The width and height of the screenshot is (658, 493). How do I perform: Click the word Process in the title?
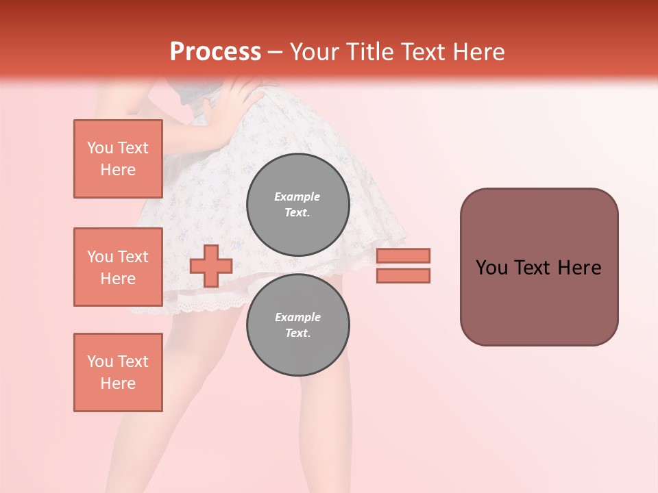coord(215,52)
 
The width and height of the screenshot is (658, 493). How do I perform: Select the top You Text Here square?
coord(118,159)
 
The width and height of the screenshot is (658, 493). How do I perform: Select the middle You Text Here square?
coord(118,267)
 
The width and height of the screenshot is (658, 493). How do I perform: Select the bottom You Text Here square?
coord(118,372)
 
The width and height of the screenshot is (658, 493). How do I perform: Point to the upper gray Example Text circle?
coord(297,205)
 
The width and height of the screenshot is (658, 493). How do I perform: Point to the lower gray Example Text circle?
coord(297,325)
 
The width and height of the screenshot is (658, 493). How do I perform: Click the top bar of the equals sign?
coord(404,255)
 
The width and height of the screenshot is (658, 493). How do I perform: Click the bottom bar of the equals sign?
coord(404,276)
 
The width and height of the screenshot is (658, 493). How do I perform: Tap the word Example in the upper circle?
coord(297,197)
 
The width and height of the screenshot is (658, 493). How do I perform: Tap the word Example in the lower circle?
coord(297,318)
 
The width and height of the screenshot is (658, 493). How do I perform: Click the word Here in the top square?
coord(118,170)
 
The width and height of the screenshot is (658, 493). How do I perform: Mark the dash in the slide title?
coord(276,52)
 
